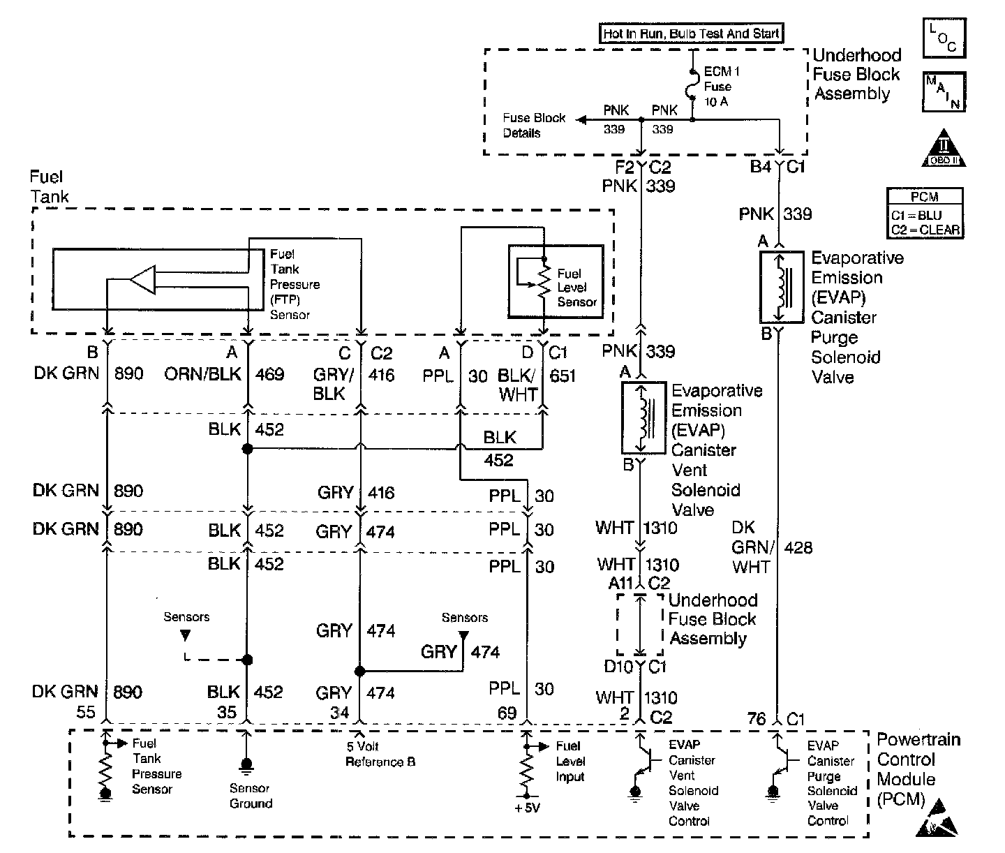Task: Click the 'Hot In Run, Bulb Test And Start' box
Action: (x=691, y=34)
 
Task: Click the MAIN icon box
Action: (x=944, y=91)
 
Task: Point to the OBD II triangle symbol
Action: (x=944, y=149)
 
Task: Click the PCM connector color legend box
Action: (x=925, y=213)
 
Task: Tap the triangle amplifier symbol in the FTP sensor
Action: (x=144, y=280)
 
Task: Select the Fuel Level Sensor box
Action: (x=556, y=281)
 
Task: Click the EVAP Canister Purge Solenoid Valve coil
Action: (x=782, y=288)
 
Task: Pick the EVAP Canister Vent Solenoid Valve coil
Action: (x=643, y=417)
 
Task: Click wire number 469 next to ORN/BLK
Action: (x=269, y=375)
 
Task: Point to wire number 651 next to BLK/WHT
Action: (x=563, y=376)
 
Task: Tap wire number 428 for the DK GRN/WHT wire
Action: (x=798, y=547)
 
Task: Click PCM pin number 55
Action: (x=86, y=712)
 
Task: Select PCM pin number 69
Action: (x=507, y=713)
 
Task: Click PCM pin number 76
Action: (x=757, y=718)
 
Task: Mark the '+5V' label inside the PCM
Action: (x=526, y=808)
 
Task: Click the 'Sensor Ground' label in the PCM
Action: (x=250, y=796)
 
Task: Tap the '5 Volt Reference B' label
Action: (x=380, y=754)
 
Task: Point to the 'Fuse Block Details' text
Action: (x=534, y=125)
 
